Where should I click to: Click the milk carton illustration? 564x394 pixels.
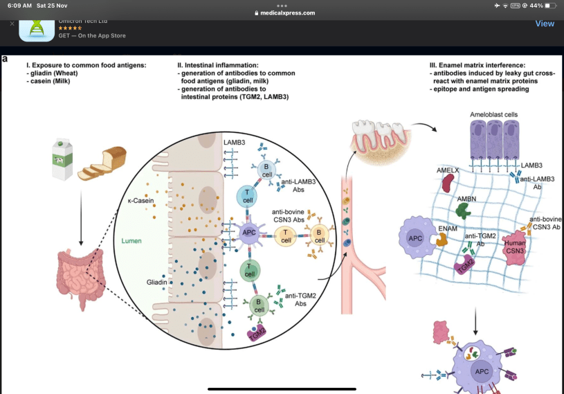pyautogui.click(x=63, y=159)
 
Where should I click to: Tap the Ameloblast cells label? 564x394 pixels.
pyautogui.click(x=493, y=114)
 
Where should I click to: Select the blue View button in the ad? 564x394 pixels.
pyautogui.click(x=545, y=24)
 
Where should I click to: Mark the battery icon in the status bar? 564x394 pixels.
pyautogui.click(x=551, y=6)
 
